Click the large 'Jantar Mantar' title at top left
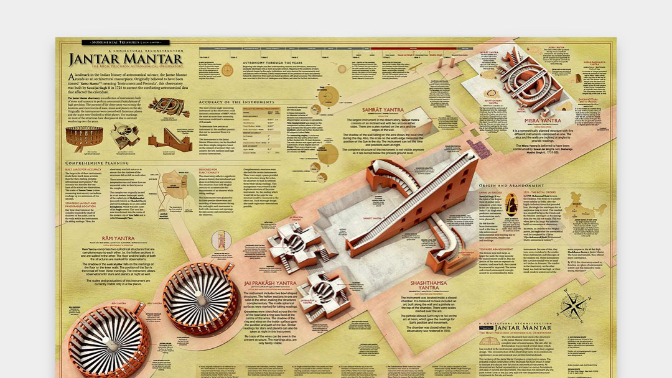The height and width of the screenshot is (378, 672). coord(126,59)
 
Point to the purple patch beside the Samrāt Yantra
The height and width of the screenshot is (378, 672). coord(479,147)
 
